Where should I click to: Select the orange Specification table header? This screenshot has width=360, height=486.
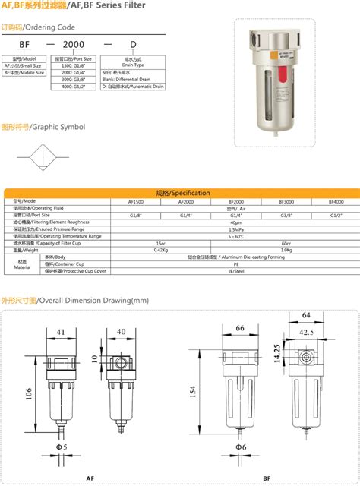click(180, 194)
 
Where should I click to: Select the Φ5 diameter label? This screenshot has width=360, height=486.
click(64, 447)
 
